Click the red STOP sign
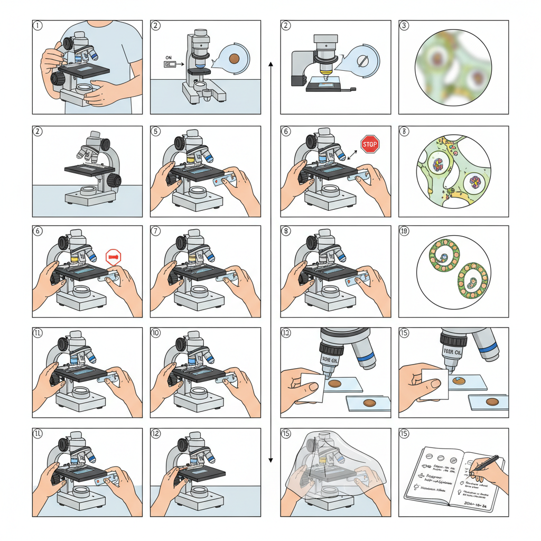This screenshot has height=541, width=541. pyautogui.click(x=370, y=144)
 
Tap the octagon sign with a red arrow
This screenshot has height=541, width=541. pyautogui.click(x=114, y=257)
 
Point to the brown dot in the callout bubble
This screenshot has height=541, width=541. pyautogui.click(x=236, y=58)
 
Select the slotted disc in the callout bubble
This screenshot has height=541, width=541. pyautogui.click(x=363, y=60)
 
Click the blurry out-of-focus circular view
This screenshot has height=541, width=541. pyautogui.click(x=453, y=67)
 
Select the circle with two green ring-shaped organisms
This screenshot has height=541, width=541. pyautogui.click(x=453, y=271)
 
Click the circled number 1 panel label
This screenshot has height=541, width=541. pyautogui.click(x=38, y=25)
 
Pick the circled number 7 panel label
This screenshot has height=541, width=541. pyautogui.click(x=155, y=230)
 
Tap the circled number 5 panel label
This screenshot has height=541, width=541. pyautogui.click(x=155, y=130)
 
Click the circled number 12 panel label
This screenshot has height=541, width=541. pyautogui.click(x=155, y=433)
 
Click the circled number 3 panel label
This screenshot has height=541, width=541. pyautogui.click(x=404, y=25)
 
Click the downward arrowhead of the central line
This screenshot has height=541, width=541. pyautogui.click(x=270, y=460)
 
